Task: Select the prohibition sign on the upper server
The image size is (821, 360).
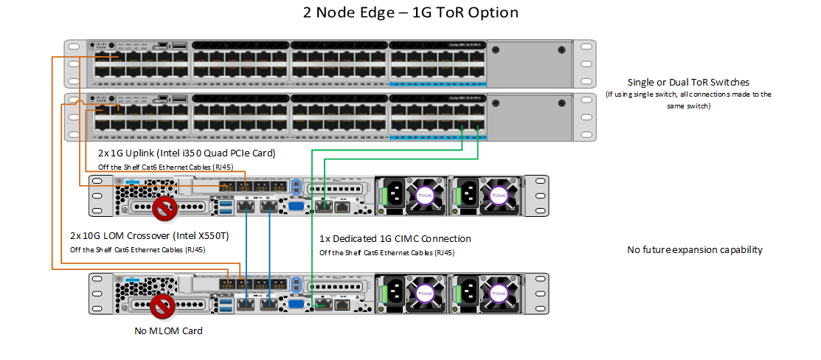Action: [x=164, y=209]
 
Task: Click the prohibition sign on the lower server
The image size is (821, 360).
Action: [x=164, y=306]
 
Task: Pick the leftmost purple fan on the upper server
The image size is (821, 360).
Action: [x=425, y=195]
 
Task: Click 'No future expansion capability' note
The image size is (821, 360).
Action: [x=694, y=250]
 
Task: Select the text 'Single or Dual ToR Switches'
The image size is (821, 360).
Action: [x=687, y=82]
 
